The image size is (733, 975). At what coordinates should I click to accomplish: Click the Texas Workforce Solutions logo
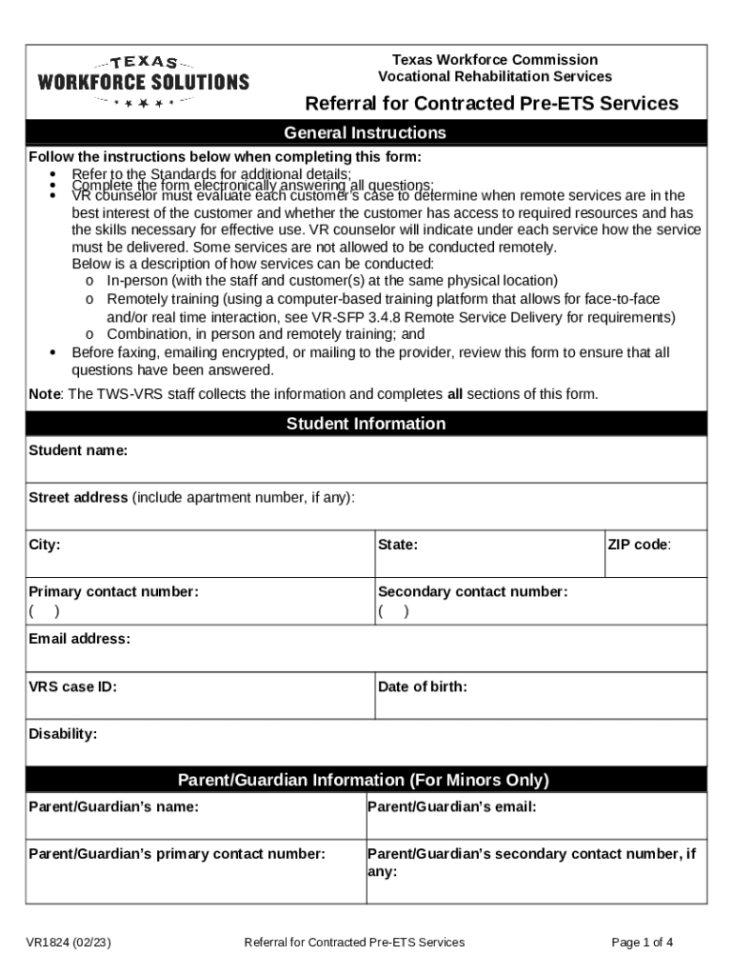(x=143, y=81)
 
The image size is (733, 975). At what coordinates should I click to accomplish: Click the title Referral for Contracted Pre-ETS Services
(x=491, y=104)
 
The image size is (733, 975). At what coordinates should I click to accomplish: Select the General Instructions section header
(x=366, y=133)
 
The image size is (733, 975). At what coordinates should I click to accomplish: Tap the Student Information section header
(x=366, y=424)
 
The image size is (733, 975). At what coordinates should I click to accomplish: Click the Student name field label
(x=78, y=450)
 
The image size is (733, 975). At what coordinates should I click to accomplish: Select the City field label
(x=45, y=545)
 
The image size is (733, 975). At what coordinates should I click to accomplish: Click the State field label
(x=398, y=545)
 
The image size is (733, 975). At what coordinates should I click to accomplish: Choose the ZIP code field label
(x=639, y=545)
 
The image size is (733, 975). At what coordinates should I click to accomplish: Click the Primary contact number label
(x=113, y=591)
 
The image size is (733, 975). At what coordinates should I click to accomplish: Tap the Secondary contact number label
(x=472, y=591)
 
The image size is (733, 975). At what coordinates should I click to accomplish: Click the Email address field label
(x=79, y=638)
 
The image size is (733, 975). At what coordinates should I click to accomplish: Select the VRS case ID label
(x=72, y=686)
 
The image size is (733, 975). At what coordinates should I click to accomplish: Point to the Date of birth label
(x=422, y=686)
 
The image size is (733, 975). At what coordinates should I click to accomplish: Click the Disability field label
(x=63, y=733)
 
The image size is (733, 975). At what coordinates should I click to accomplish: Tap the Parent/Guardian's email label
(x=451, y=806)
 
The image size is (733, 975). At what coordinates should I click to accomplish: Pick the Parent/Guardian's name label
(x=113, y=806)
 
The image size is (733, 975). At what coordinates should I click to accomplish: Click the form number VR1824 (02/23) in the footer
(x=69, y=943)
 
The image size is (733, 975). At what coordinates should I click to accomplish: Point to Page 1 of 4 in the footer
(x=643, y=943)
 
